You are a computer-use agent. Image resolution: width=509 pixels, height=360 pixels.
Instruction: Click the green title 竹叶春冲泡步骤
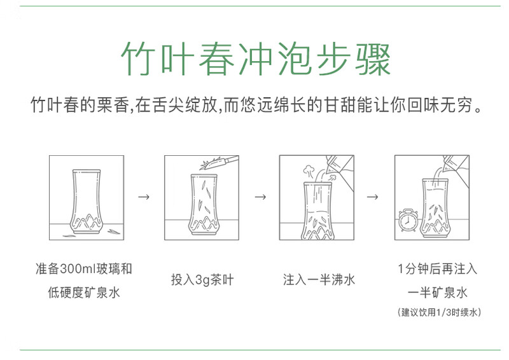pos(254,59)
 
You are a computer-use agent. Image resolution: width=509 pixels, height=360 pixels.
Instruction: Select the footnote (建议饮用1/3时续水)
pos(438,312)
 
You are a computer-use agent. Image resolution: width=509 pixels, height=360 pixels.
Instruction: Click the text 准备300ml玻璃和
pos(84,268)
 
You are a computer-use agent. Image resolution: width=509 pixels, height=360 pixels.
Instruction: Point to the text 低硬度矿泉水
pos(84,293)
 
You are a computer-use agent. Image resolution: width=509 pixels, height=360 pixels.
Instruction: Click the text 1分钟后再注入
pos(437,268)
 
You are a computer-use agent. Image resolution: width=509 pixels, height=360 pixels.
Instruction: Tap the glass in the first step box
pos(86,200)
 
